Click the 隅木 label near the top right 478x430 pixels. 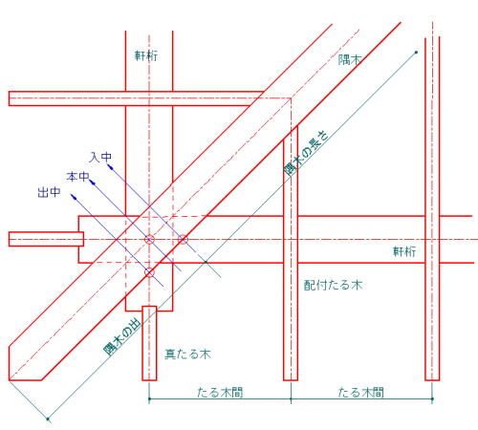point(349,59)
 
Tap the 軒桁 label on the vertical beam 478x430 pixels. point(146,56)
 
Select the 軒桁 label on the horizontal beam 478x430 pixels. point(404,251)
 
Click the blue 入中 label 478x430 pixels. point(100,157)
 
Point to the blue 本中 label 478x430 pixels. point(77,177)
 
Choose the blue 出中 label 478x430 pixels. point(49,192)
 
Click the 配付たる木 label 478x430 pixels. point(333,285)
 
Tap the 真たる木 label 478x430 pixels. point(187,355)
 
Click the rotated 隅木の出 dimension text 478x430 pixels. point(122,337)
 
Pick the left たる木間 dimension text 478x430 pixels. point(220,392)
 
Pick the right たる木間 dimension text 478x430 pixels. point(361,392)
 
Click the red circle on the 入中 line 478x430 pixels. point(183,240)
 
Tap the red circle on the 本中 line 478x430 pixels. point(149,239)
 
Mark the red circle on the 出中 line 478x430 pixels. point(149,272)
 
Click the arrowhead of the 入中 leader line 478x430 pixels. point(110,166)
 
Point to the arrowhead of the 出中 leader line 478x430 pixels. point(74,196)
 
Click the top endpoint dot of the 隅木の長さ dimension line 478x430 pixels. point(416,52)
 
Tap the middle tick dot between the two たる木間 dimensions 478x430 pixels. point(291,398)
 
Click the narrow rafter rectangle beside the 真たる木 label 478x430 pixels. point(149,343)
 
